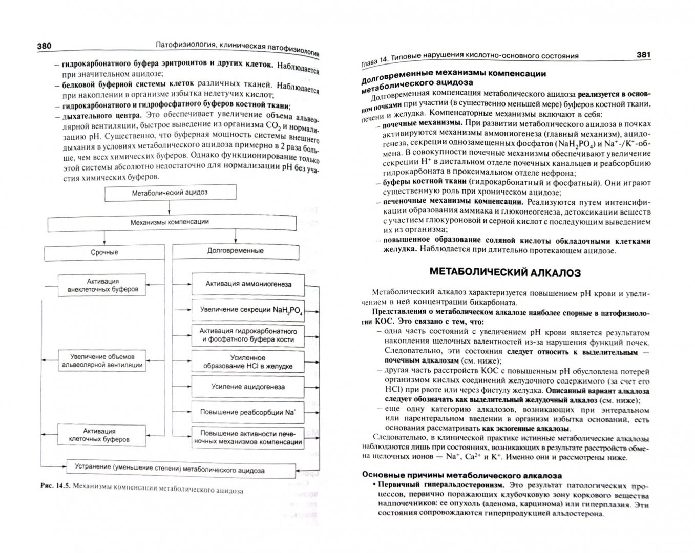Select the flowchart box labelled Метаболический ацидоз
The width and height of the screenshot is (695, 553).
(170, 193)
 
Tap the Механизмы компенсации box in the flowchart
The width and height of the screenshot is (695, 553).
(170, 222)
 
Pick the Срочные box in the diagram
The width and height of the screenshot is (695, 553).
(104, 252)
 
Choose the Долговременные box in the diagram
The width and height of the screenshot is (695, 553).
(235, 251)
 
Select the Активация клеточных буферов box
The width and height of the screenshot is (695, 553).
(99, 435)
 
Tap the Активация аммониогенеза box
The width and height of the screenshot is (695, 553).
(248, 284)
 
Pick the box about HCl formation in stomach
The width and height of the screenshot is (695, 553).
(248, 362)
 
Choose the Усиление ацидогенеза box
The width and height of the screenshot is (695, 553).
(248, 387)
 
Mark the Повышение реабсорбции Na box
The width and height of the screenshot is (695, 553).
(248, 412)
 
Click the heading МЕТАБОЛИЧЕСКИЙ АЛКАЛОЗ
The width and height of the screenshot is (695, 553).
(504, 272)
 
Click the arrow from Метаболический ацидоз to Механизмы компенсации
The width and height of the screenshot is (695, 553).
(170, 207)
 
